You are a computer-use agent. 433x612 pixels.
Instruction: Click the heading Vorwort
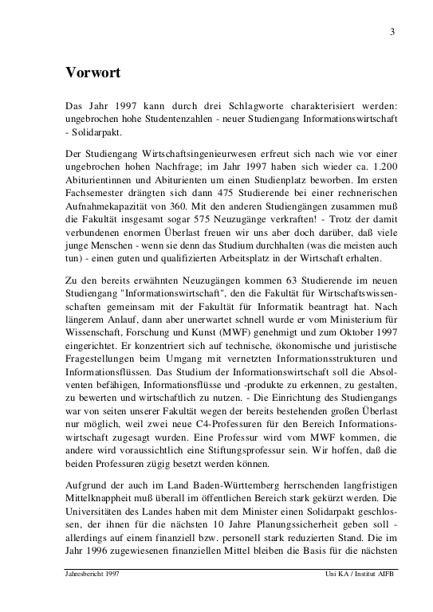[x=93, y=73]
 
